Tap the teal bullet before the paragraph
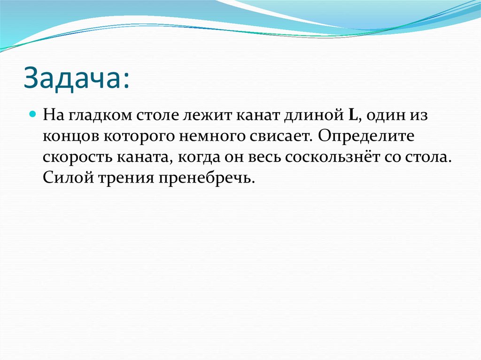tap(33, 114)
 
